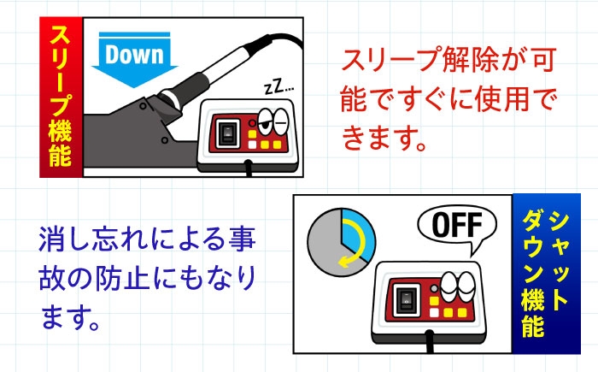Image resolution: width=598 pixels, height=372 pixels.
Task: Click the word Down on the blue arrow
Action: click(x=134, y=54)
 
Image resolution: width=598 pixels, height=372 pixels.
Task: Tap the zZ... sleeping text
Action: click(x=279, y=87)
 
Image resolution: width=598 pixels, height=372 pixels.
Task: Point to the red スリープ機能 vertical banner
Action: click(x=61, y=97)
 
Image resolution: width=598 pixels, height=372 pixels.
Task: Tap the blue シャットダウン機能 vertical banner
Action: click(x=546, y=274)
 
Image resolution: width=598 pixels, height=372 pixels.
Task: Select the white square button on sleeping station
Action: click(x=253, y=145)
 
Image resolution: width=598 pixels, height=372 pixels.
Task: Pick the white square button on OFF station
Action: click(x=434, y=313)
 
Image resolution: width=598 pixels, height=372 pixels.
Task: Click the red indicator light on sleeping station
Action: click(x=252, y=123)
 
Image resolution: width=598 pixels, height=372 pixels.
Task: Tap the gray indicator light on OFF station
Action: click(x=433, y=289)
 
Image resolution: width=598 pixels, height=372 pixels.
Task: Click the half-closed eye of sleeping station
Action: click(x=265, y=121)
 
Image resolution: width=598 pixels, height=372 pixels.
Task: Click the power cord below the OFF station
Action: click(x=431, y=343)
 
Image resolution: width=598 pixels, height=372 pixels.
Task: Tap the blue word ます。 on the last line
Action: click(x=70, y=318)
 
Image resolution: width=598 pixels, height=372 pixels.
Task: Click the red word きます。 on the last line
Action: click(x=384, y=139)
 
